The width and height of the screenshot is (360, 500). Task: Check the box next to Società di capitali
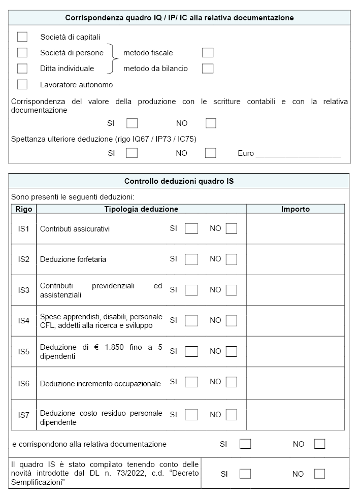click(x=22, y=37)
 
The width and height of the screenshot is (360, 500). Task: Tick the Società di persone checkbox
click(x=22, y=53)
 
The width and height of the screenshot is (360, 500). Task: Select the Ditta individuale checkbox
click(x=22, y=69)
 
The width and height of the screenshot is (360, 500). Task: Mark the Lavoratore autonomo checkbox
click(x=22, y=84)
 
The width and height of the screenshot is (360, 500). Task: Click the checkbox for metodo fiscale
click(x=207, y=53)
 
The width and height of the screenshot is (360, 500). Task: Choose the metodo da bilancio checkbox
click(x=207, y=69)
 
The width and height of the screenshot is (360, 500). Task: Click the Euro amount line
click(x=298, y=154)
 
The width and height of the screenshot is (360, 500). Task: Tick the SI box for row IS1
click(x=191, y=229)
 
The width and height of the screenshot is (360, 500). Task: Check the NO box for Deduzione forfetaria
click(x=232, y=259)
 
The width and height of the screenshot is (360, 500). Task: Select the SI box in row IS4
click(x=191, y=321)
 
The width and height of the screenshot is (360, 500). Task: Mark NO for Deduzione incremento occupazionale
click(x=232, y=382)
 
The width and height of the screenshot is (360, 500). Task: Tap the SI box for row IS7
click(x=191, y=415)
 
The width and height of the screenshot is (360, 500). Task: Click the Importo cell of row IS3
click(x=296, y=290)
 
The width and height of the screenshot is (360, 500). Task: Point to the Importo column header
click(x=296, y=209)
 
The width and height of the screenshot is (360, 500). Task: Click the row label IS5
click(x=23, y=351)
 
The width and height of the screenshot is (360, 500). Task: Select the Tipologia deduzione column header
click(x=141, y=209)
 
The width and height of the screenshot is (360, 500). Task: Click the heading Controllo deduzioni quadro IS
click(x=179, y=181)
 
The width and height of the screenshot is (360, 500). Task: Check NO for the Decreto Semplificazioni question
click(x=319, y=474)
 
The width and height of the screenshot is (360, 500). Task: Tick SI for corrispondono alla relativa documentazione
click(x=245, y=444)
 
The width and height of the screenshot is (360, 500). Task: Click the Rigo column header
click(x=23, y=209)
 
